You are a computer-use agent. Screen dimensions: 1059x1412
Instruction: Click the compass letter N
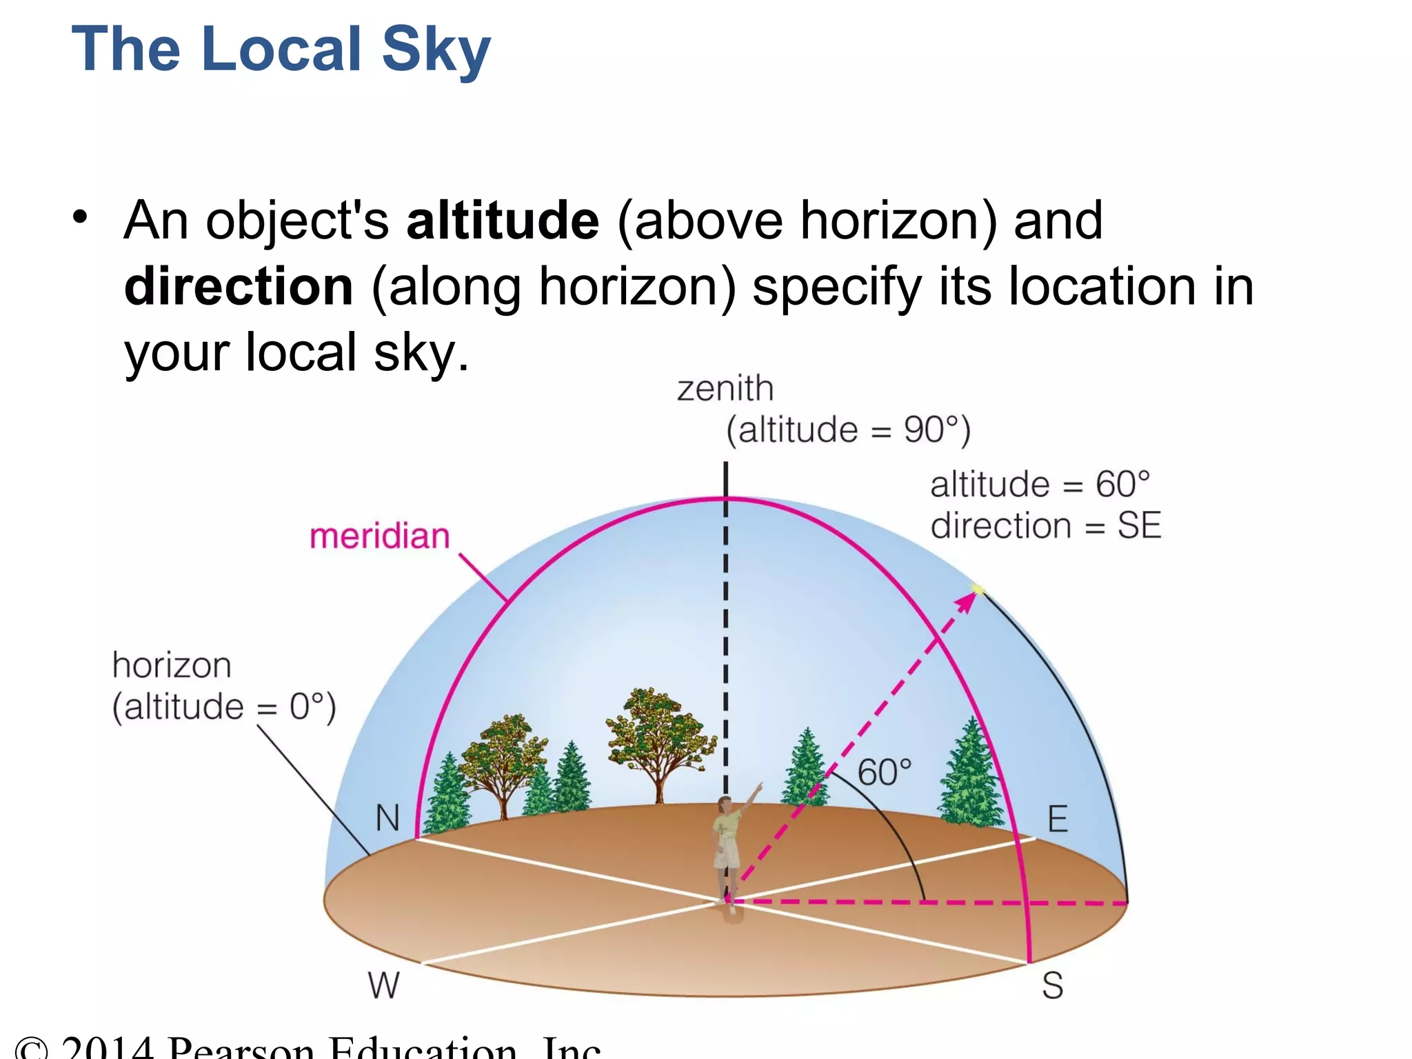point(387,818)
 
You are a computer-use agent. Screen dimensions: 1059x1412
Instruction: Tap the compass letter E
point(1058,820)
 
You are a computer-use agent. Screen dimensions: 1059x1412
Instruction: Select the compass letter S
point(1052,985)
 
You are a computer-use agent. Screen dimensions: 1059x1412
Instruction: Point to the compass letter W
point(383,985)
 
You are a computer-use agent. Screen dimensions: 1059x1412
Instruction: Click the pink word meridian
point(379,536)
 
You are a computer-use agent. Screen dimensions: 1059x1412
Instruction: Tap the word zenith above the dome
point(725,389)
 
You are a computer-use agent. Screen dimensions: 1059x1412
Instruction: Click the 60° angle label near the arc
point(884,772)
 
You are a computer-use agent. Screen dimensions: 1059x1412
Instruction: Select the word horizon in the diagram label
point(172,666)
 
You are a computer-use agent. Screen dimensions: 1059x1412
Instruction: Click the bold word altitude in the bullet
point(503,221)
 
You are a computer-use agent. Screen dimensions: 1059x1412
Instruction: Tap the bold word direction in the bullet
point(239,287)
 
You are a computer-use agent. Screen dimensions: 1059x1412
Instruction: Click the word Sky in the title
point(436,50)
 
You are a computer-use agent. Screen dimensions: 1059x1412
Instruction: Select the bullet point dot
point(81,217)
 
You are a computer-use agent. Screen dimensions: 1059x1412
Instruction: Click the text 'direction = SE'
point(1045,526)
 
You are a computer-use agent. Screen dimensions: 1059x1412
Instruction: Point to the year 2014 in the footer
point(107,1048)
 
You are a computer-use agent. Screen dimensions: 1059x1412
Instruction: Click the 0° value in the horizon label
point(306,707)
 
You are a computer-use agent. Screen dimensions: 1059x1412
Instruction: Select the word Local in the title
point(282,50)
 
